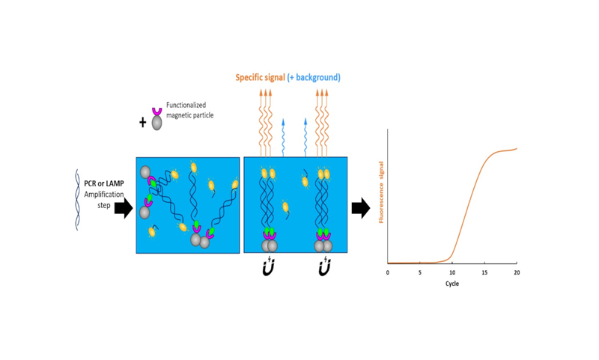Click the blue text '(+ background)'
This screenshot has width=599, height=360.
pyautogui.click(x=314, y=77)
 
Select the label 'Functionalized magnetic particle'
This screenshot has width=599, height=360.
pyautogui.click(x=186, y=110)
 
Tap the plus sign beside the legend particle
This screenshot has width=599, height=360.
pyautogui.click(x=143, y=122)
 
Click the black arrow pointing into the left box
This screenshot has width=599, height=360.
pyautogui.click(x=123, y=209)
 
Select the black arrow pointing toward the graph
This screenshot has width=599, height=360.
pyautogui.click(x=361, y=209)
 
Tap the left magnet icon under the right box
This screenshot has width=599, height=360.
pyautogui.click(x=269, y=267)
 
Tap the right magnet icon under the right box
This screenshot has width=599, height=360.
pyautogui.click(x=324, y=267)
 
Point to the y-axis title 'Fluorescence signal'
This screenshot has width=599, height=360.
pyautogui.click(x=381, y=192)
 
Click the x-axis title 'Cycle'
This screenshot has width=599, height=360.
pyautogui.click(x=452, y=284)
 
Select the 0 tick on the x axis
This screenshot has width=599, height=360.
pyautogui.click(x=388, y=272)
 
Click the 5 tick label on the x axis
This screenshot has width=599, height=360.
pyautogui.click(x=420, y=272)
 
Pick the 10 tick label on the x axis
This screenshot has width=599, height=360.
pyautogui.click(x=452, y=272)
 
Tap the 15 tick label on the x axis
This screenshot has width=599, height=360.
pyautogui.click(x=484, y=272)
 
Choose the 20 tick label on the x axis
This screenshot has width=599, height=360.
pyautogui.click(x=517, y=272)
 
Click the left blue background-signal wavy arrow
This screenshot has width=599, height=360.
pyautogui.click(x=283, y=136)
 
